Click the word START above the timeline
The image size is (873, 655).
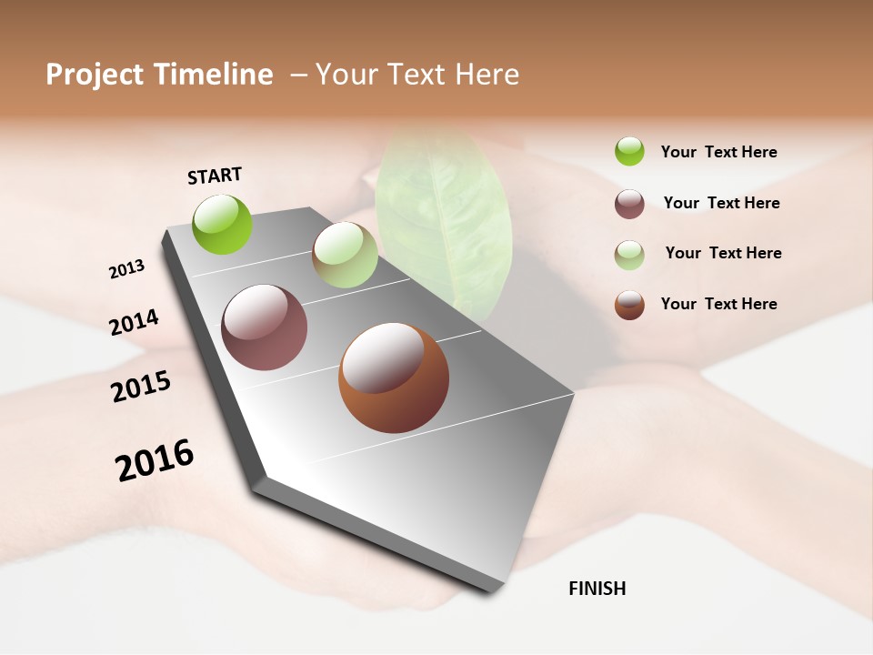pyautogui.click(x=215, y=176)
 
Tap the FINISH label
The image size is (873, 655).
pyautogui.click(x=597, y=589)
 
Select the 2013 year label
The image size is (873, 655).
pyautogui.click(x=126, y=269)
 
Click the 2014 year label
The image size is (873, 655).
pyautogui.click(x=134, y=322)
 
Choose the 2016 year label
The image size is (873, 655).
pyautogui.click(x=155, y=460)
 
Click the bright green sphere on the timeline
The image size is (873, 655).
pyautogui.click(x=222, y=224)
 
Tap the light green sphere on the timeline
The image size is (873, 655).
pyautogui.click(x=345, y=255)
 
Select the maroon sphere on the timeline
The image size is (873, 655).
pyautogui.click(x=264, y=327)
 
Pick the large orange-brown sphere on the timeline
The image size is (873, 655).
pyautogui.click(x=393, y=378)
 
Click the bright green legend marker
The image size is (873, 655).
pyautogui.click(x=629, y=151)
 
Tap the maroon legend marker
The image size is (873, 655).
pyautogui.click(x=629, y=204)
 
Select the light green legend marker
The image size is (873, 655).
pyautogui.click(x=629, y=255)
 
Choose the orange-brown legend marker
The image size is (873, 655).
pyautogui.click(x=629, y=305)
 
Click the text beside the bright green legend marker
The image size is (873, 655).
pyautogui.click(x=718, y=152)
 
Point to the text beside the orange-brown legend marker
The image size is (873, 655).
pyautogui.click(x=718, y=304)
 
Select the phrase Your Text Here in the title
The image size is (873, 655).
pyautogui.click(x=417, y=75)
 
